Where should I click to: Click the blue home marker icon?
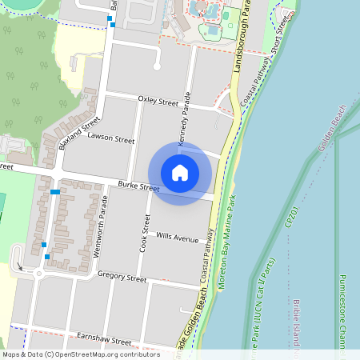point(180,173)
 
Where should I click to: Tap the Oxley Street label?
point(158,102)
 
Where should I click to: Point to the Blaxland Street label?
point(78,134)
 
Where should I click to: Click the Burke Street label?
point(138,189)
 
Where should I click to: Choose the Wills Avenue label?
point(177,238)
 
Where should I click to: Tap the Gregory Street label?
point(122,278)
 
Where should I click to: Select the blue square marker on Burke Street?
point(54,192)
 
